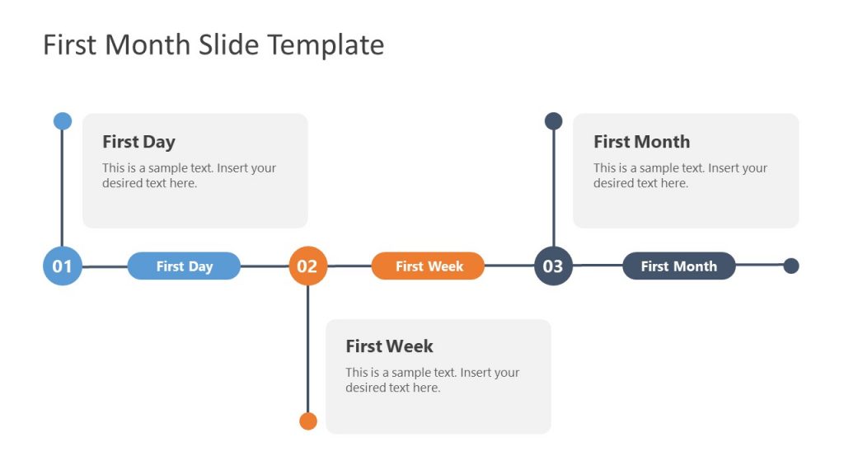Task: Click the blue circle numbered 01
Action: (63, 266)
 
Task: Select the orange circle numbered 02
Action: (307, 266)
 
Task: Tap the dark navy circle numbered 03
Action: (553, 266)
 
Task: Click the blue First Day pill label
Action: (184, 266)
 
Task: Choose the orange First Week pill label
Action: (429, 266)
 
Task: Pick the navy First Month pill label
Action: (678, 266)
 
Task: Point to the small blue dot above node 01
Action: (63, 121)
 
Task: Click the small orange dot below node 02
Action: (308, 421)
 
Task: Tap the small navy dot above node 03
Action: (554, 121)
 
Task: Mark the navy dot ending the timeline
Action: (791, 266)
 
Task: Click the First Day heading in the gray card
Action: (138, 142)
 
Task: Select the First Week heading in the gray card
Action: (389, 346)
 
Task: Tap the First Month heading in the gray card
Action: (641, 142)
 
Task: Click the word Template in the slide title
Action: (335, 45)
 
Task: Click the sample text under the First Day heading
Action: (189, 176)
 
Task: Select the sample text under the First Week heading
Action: (432, 380)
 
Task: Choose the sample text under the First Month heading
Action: (680, 176)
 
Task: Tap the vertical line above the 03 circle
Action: (554, 190)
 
